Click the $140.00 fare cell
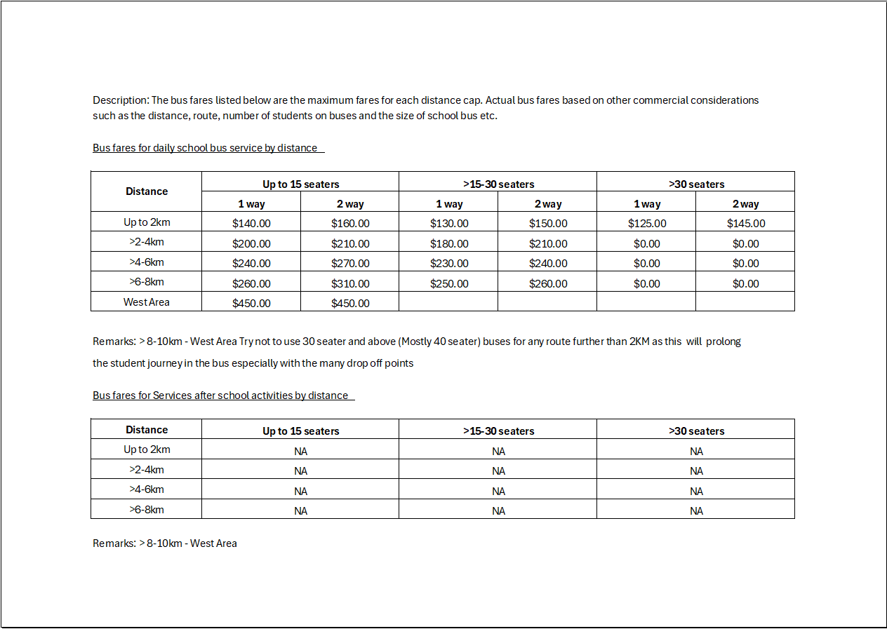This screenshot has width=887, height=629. [x=251, y=224]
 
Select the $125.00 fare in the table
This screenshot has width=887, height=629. [x=647, y=224]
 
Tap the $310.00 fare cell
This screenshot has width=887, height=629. [x=350, y=284]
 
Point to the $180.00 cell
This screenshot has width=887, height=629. [x=449, y=244]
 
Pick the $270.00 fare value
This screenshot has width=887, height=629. [x=350, y=264]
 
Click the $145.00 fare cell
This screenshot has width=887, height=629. [x=746, y=224]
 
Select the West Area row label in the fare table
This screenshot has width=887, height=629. [x=147, y=302]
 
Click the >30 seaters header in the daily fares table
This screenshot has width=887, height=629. [x=696, y=184]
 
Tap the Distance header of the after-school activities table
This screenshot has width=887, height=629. [x=147, y=430]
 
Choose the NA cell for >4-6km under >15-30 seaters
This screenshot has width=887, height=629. [x=498, y=491]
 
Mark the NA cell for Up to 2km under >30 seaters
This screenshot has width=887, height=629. [x=696, y=452]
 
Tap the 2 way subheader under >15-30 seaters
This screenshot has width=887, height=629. [x=548, y=204]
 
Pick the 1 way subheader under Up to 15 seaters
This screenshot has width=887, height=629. [x=251, y=204]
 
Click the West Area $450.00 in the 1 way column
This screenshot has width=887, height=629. [x=251, y=304]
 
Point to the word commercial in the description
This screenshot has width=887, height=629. [x=660, y=100]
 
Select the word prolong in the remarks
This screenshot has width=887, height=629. [x=723, y=341]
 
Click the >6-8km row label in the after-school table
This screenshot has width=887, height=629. [x=147, y=510]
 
